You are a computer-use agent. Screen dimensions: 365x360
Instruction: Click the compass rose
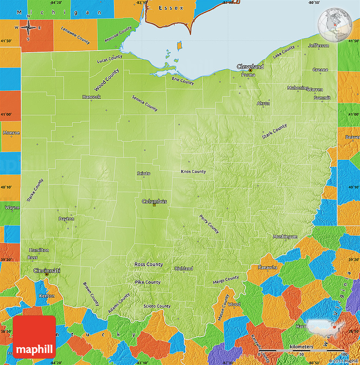pyautogui.click(x=28, y=28)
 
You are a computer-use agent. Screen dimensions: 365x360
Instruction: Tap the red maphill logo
pyautogui.click(x=34, y=337)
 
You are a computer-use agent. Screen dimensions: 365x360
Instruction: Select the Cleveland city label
pyautogui.click(x=250, y=67)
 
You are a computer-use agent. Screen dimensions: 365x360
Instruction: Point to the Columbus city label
pyautogui.click(x=154, y=201)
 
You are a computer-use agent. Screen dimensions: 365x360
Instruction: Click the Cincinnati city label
pyautogui.click(x=47, y=270)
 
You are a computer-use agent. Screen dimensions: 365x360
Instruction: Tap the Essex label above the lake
pyautogui.click(x=171, y=8)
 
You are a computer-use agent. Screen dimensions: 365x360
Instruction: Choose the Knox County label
pyautogui.click(x=193, y=172)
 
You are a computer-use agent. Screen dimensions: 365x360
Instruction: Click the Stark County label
pyautogui.click(x=274, y=131)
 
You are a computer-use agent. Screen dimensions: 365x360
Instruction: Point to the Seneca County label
pyautogui.click(x=144, y=103)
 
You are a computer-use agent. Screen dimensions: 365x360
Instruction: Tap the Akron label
pyautogui.click(x=263, y=103)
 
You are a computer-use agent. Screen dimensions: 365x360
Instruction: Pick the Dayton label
pyautogui.click(x=66, y=219)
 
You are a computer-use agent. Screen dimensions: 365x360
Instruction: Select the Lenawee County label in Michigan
pyautogui.click(x=75, y=35)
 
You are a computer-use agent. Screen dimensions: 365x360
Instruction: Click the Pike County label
pyautogui.click(x=147, y=282)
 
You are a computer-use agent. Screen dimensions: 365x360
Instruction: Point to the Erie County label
pyautogui.click(x=183, y=81)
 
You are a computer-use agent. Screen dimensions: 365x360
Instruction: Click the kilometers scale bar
pyautogui.click(x=302, y=350)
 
